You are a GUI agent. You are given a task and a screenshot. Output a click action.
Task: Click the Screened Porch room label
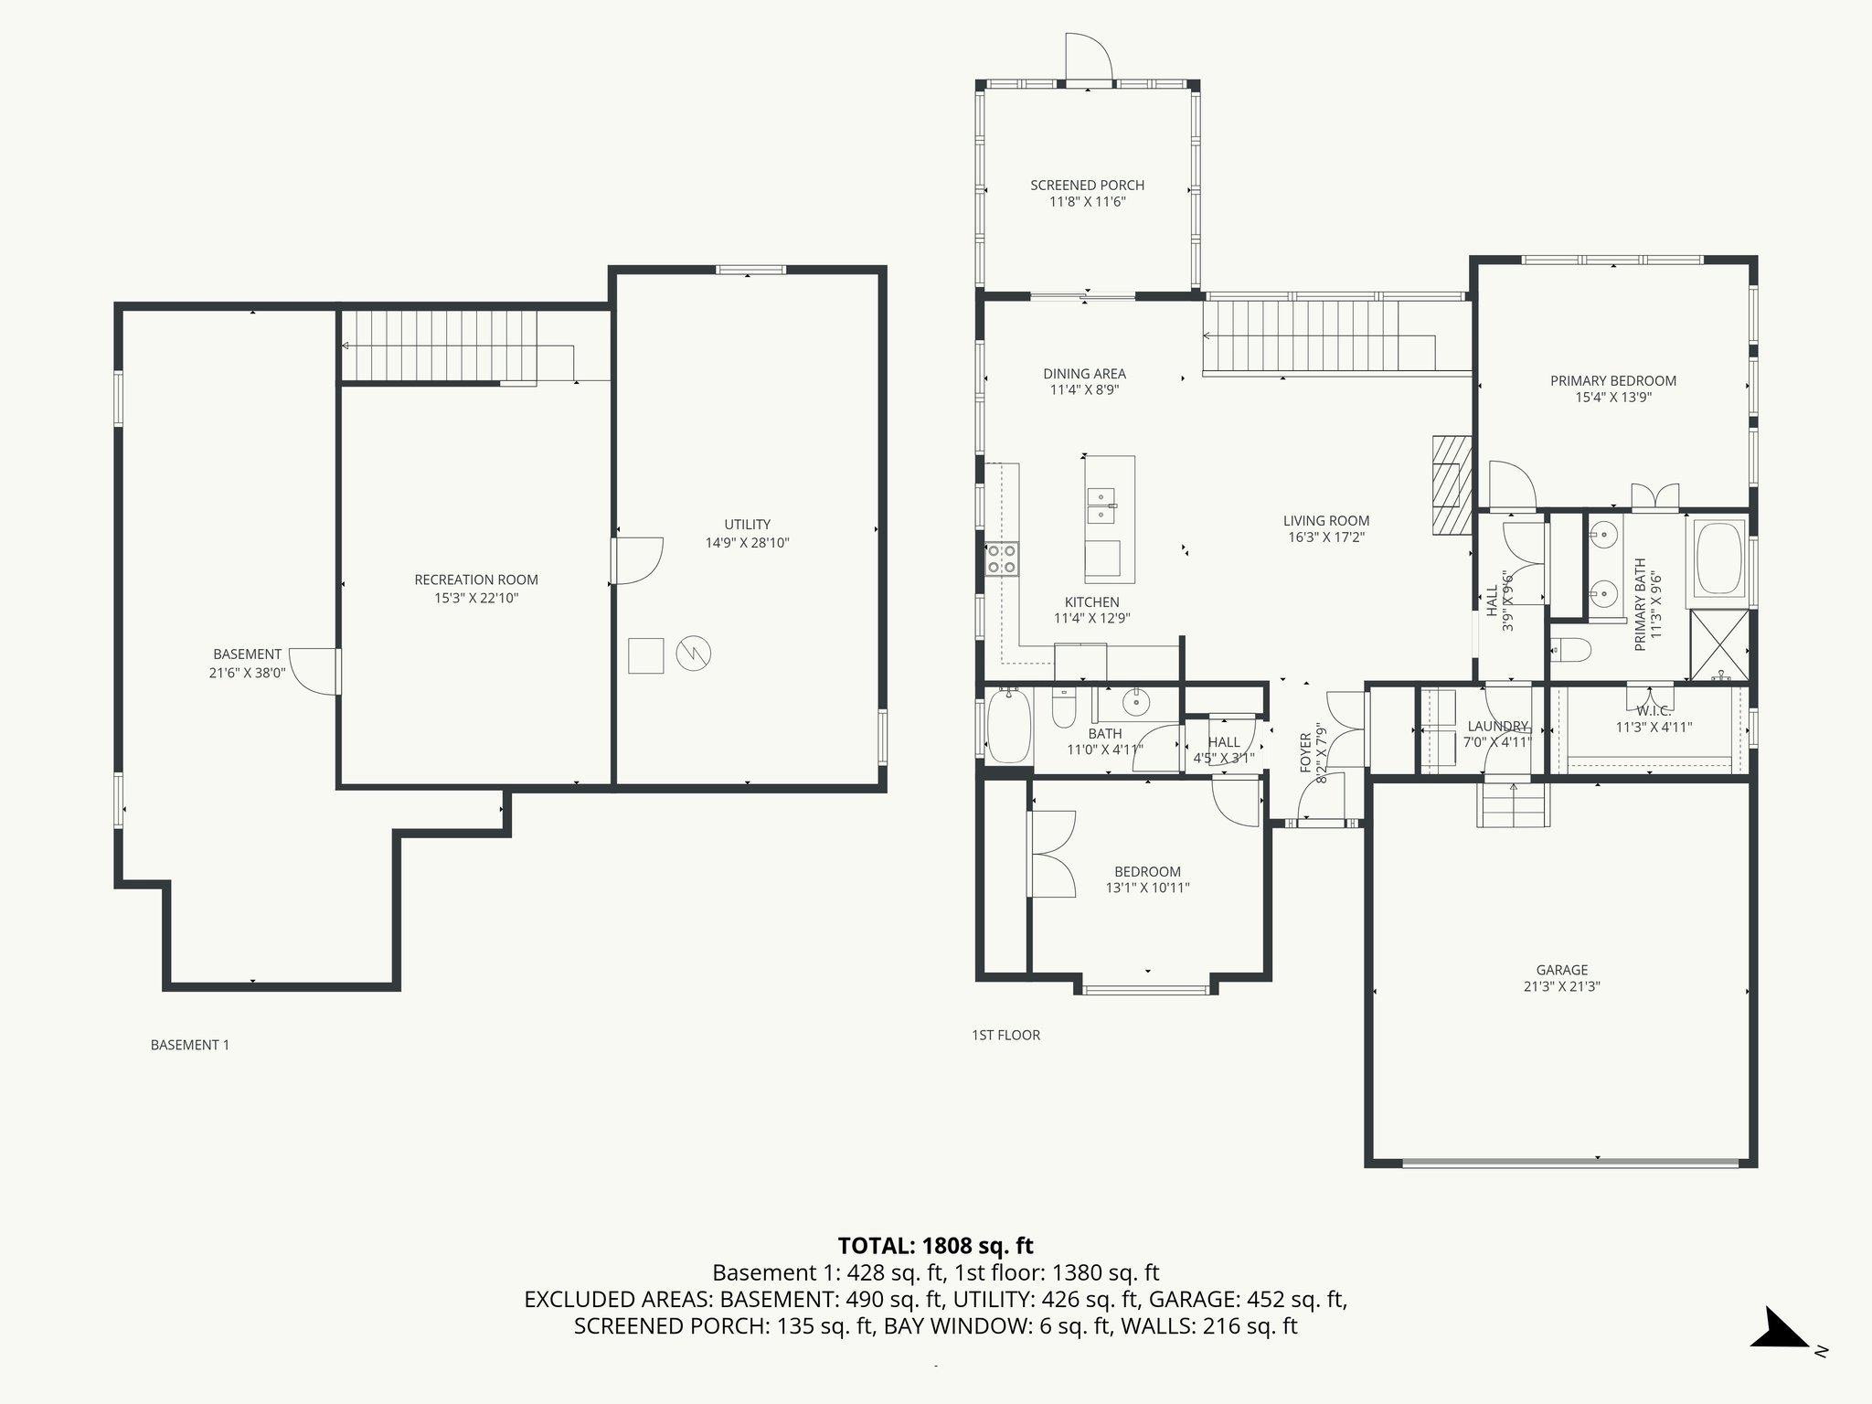tap(1087, 185)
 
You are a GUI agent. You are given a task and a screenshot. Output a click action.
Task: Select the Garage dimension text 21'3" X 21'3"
tap(1561, 986)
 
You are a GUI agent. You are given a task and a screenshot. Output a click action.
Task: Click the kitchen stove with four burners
tap(1001, 558)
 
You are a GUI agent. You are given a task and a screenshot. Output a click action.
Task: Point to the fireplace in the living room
tap(1451, 484)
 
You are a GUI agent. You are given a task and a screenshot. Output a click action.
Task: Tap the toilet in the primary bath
tap(1571, 650)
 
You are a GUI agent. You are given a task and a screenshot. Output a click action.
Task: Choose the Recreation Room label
tap(476, 580)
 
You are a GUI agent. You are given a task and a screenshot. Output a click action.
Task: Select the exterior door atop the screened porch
tap(1087, 59)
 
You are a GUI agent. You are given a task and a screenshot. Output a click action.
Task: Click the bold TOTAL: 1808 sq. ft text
tap(935, 1245)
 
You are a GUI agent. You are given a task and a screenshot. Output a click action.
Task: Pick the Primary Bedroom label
tap(1612, 380)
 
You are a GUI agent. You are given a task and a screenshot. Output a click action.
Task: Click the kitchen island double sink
tap(1101, 505)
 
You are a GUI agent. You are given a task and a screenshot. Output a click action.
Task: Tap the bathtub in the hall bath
tap(1009, 726)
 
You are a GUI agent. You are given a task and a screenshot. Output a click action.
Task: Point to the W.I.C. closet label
tap(1653, 710)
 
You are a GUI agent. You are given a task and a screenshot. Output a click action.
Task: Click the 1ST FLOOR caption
tap(1005, 1035)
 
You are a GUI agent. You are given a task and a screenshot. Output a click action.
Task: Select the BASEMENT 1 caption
tap(189, 1044)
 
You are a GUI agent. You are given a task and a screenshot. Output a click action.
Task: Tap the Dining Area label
tap(1084, 373)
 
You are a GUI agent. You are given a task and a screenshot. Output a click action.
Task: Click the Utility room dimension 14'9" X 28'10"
tap(747, 542)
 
